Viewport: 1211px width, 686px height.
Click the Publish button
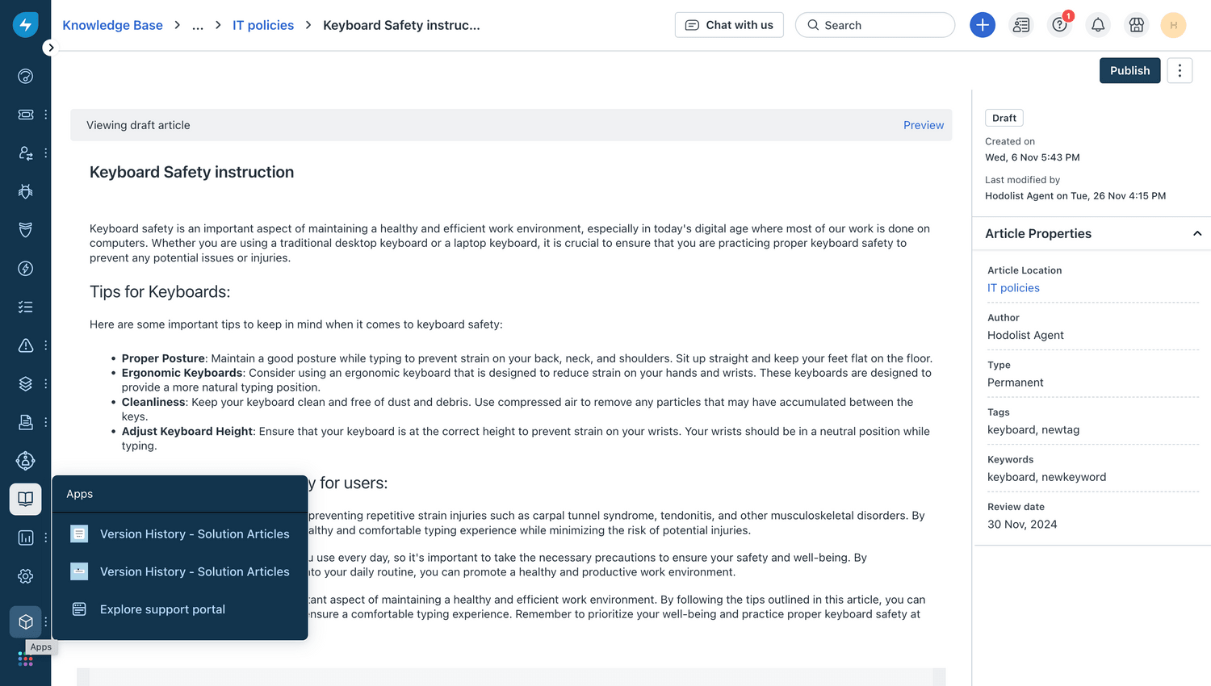pos(1129,71)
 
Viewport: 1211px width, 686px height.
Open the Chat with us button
pos(729,25)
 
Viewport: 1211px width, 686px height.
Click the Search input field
pos(875,25)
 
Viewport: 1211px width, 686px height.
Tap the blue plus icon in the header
pos(982,25)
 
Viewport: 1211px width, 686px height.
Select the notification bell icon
pos(1098,25)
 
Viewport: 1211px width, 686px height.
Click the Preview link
pos(923,125)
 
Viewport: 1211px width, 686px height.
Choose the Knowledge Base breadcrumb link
pos(112,25)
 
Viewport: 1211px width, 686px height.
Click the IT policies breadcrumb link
pos(263,25)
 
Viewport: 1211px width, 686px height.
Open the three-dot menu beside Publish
pos(1180,71)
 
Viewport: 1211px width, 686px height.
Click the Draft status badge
pos(1004,118)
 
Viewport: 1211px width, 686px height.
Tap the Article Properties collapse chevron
pos(1196,233)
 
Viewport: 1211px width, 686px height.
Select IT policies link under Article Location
pos(1013,288)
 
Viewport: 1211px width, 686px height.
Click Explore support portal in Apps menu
pos(162,609)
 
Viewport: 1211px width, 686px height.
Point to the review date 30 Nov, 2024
pos(1022,525)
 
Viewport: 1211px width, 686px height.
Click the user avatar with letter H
pos(1173,25)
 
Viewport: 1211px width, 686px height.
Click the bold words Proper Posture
pos(163,358)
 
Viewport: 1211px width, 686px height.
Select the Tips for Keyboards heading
pos(160,292)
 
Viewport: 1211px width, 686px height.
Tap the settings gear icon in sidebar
pos(26,576)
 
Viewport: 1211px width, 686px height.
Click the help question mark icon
pos(1059,25)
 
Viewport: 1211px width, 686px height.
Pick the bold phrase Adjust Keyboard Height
pos(187,432)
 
